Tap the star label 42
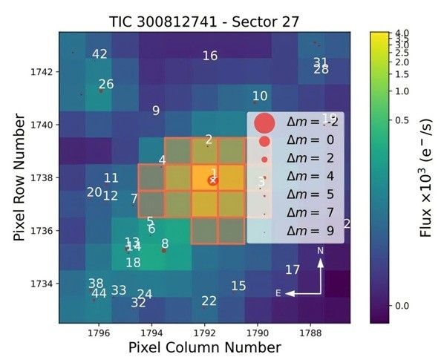click(99, 54)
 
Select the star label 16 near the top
click(210, 56)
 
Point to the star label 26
click(106, 85)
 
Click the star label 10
click(260, 96)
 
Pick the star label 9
click(156, 111)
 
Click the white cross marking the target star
click(212, 180)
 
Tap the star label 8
click(165, 243)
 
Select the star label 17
click(293, 270)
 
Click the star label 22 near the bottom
click(209, 301)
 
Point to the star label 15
click(238, 287)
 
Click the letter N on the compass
click(321, 252)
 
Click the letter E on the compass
click(278, 293)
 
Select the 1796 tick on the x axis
click(99, 333)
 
